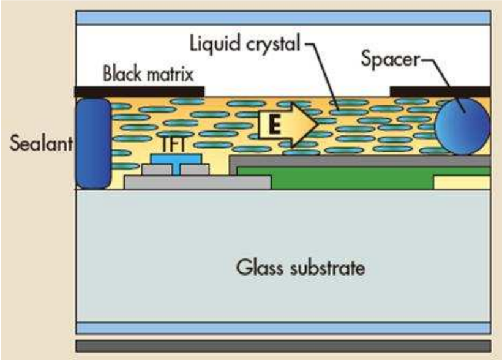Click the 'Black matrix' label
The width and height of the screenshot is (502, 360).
coord(148,75)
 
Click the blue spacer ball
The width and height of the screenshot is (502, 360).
coord(462,126)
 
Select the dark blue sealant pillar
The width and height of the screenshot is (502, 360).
coord(93,143)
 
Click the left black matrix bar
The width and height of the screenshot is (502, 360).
coord(139,91)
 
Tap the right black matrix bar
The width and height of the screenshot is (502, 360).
coord(440,91)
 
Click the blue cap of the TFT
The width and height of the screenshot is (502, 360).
coord(176,159)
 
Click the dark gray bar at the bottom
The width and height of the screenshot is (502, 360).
coord(283,345)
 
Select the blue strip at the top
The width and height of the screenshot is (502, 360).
coord(283,17)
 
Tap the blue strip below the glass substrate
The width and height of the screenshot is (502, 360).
coord(283,328)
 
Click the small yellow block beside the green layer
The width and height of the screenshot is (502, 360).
coord(462,182)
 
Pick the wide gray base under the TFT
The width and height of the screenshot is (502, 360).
coord(197,182)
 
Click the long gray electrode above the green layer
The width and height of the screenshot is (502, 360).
coord(361,161)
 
